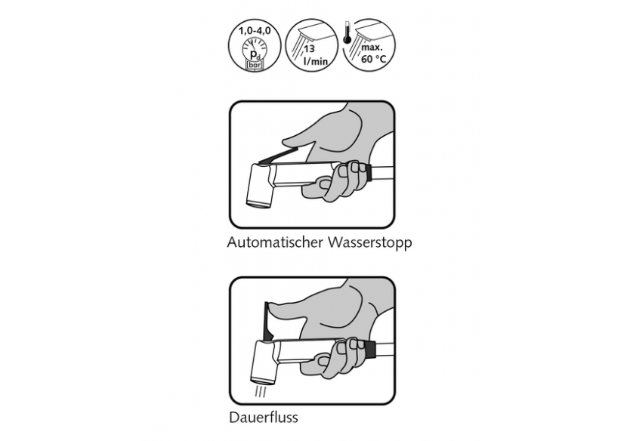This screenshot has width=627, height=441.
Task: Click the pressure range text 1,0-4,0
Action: pyautogui.click(x=255, y=30)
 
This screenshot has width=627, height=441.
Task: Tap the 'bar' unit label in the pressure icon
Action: pyautogui.click(x=255, y=65)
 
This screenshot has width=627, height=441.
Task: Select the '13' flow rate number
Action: pyautogui.click(x=309, y=49)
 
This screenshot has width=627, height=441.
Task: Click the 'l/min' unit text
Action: pyautogui.click(x=316, y=60)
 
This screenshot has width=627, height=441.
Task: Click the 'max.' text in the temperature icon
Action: pyautogui.click(x=372, y=48)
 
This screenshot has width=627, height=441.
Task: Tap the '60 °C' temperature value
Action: pyautogui.click(x=374, y=59)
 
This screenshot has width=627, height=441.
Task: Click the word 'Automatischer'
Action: pyautogui.click(x=275, y=242)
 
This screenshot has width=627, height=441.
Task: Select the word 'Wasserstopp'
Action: pyautogui.click(x=370, y=243)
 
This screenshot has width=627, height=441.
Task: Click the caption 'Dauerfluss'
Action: pyautogui.click(x=264, y=418)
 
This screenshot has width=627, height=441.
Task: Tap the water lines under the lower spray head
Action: pyautogui.click(x=261, y=391)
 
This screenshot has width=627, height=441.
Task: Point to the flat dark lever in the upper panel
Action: pyautogui.click(x=278, y=156)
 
